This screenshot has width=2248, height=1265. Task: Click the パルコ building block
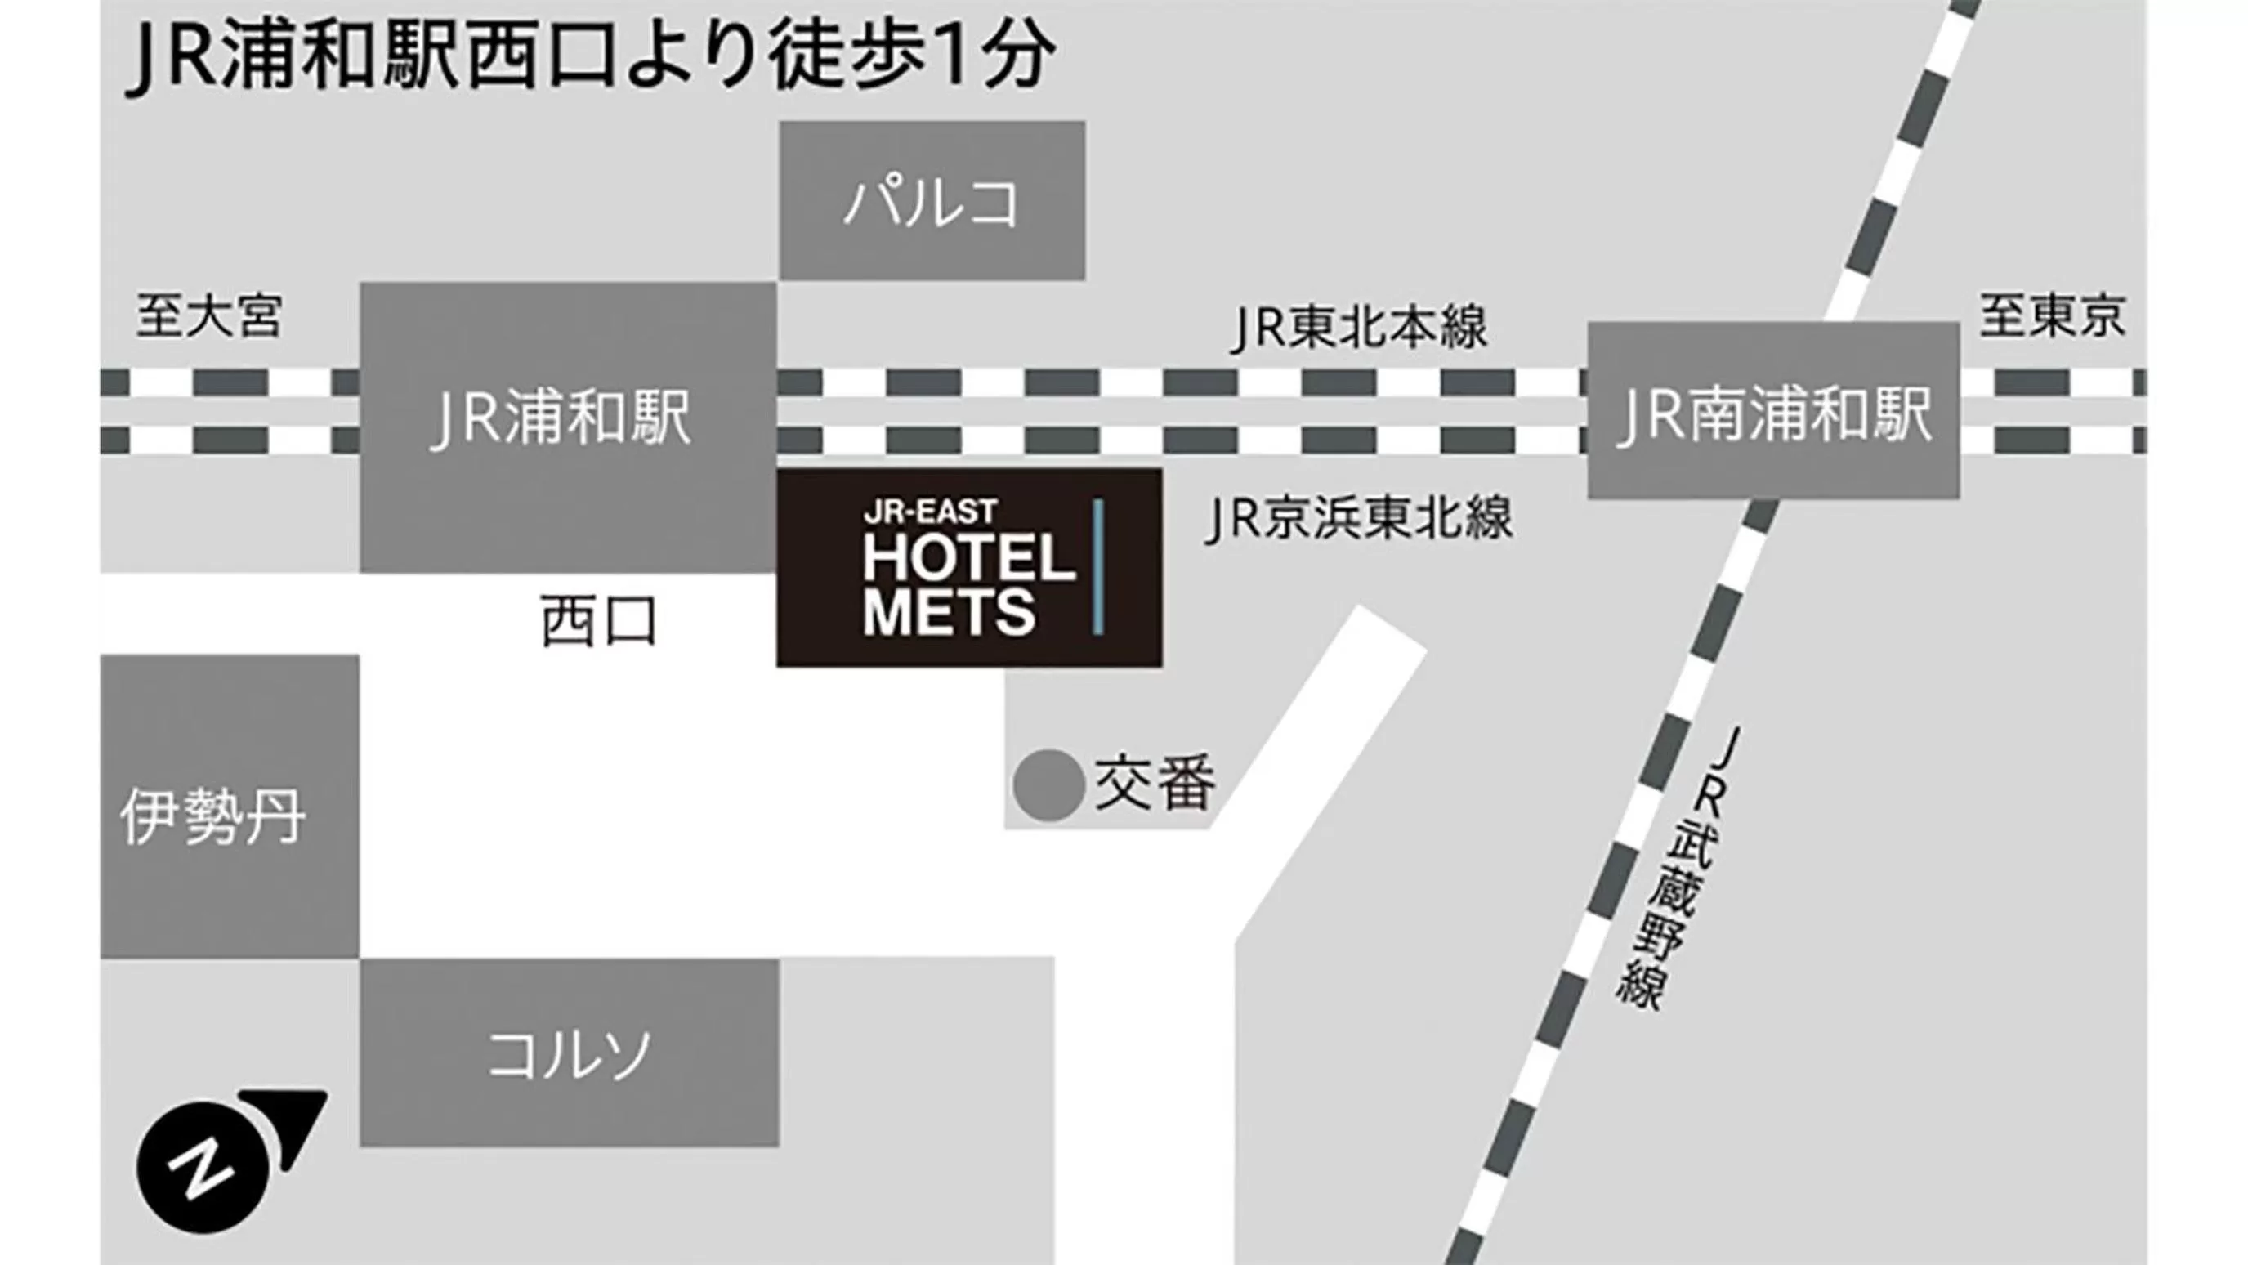(x=932, y=201)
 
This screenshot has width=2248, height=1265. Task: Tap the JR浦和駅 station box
(x=567, y=427)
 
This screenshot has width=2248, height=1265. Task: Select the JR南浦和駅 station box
(x=1773, y=411)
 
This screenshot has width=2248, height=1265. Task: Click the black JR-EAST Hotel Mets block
(x=968, y=568)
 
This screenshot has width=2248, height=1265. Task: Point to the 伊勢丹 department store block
(x=229, y=807)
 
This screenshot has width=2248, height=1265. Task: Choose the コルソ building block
(x=569, y=1053)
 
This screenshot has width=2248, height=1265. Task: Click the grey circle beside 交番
(x=1048, y=785)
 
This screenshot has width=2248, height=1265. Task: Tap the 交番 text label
(x=1155, y=784)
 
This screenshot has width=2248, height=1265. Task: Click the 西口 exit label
(x=599, y=621)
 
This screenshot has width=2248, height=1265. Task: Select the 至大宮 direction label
(x=209, y=315)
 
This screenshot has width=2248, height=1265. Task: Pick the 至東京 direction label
(x=2051, y=315)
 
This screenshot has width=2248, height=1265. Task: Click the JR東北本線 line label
(x=1358, y=328)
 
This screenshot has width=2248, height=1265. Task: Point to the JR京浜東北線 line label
(x=1358, y=518)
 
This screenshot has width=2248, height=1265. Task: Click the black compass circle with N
(x=203, y=1167)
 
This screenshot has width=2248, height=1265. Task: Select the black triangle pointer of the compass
(x=292, y=1119)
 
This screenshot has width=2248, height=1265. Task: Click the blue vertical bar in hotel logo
(x=1097, y=566)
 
